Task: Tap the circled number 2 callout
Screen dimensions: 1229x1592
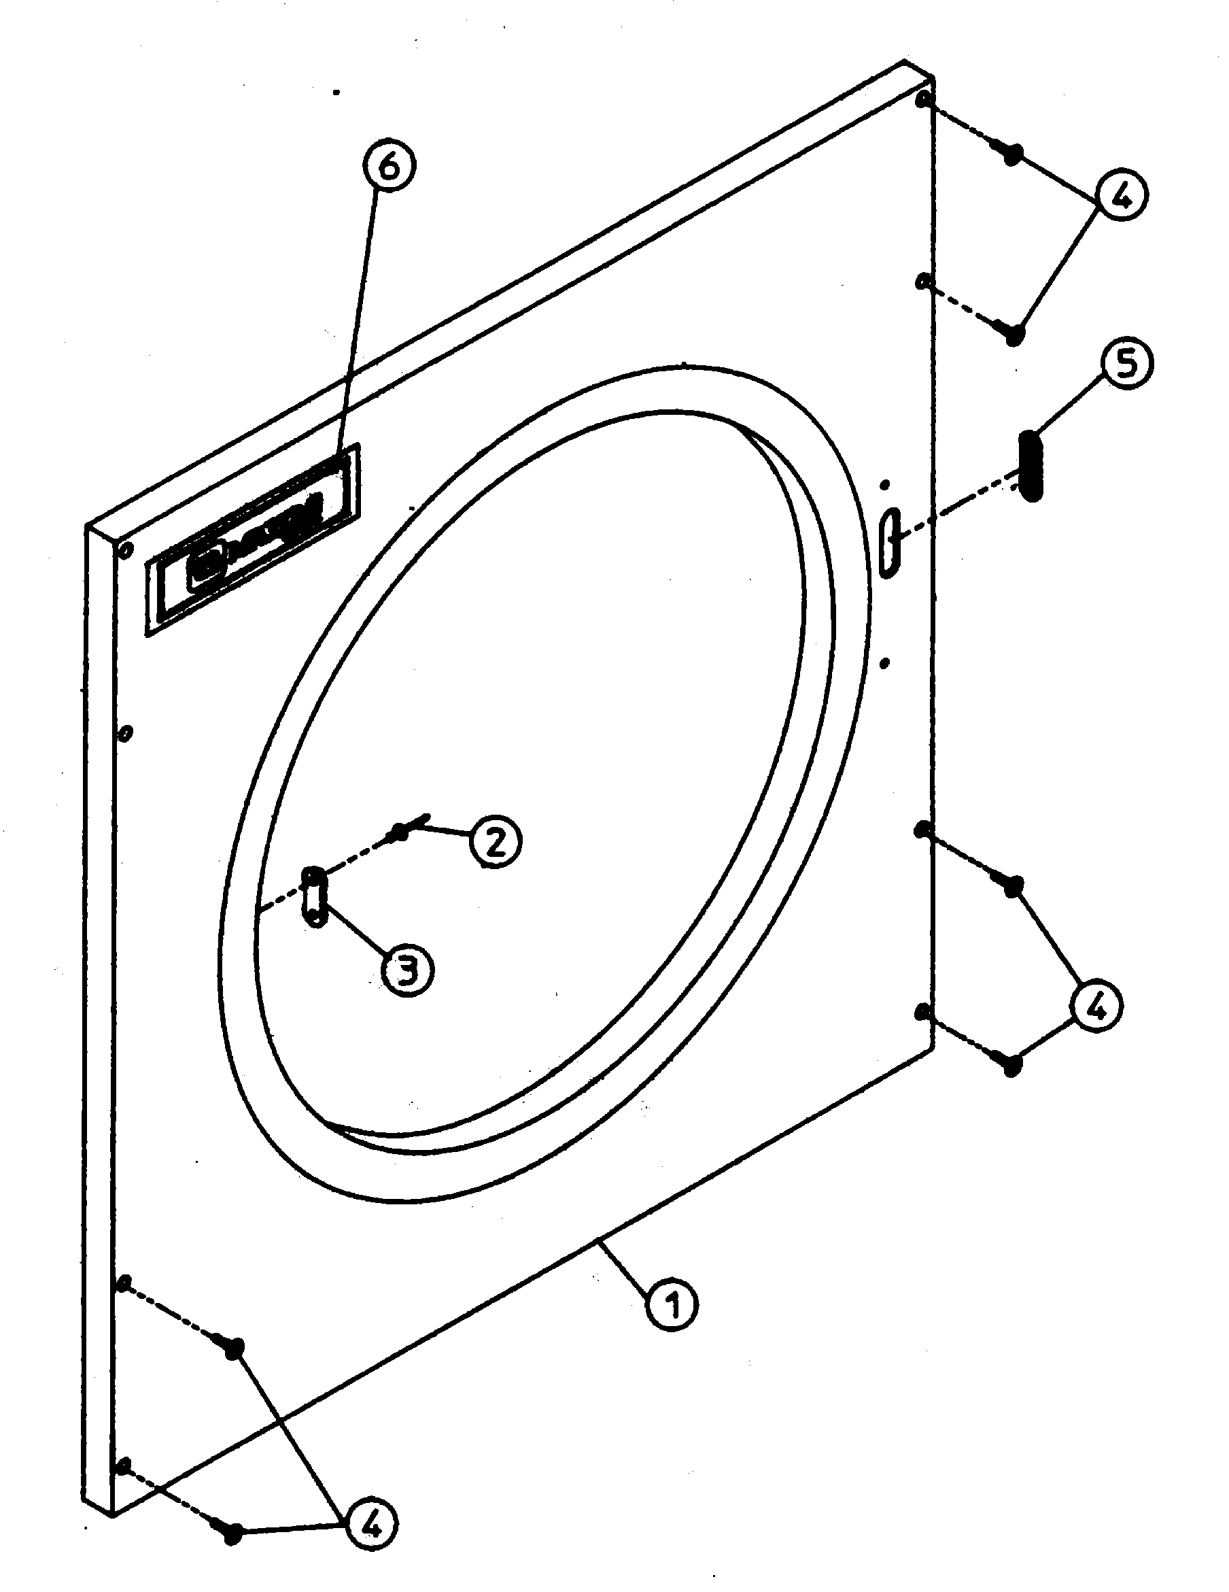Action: coord(495,842)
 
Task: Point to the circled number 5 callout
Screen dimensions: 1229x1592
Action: coord(1126,365)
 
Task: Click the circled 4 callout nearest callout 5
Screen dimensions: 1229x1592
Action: coord(1121,195)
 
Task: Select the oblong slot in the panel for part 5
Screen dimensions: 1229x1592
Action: coord(890,543)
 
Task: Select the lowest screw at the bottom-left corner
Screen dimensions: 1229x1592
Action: coord(232,1531)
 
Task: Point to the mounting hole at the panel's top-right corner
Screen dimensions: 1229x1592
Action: coord(924,99)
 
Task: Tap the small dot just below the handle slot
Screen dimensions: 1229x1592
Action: coord(884,662)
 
